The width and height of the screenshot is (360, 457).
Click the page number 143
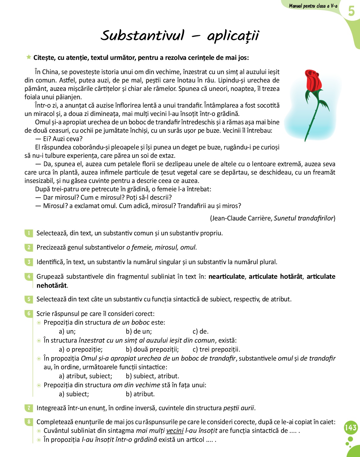(351, 428)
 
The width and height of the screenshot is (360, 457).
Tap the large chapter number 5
(351, 11)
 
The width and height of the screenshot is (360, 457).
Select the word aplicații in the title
(233, 36)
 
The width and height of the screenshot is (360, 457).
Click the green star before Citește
(29, 57)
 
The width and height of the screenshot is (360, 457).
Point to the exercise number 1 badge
(29, 233)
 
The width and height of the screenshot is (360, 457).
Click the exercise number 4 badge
(29, 277)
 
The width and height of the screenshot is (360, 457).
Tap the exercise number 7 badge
(29, 408)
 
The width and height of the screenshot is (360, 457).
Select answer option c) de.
(200, 331)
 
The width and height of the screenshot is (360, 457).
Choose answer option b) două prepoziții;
(152, 349)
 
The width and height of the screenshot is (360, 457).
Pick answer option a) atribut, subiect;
(86, 376)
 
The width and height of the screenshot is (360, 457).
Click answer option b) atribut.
(140, 394)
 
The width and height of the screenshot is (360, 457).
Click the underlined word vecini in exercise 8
(175, 431)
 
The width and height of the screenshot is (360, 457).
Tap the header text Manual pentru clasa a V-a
(313, 6)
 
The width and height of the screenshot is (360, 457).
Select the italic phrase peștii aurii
(239, 408)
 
